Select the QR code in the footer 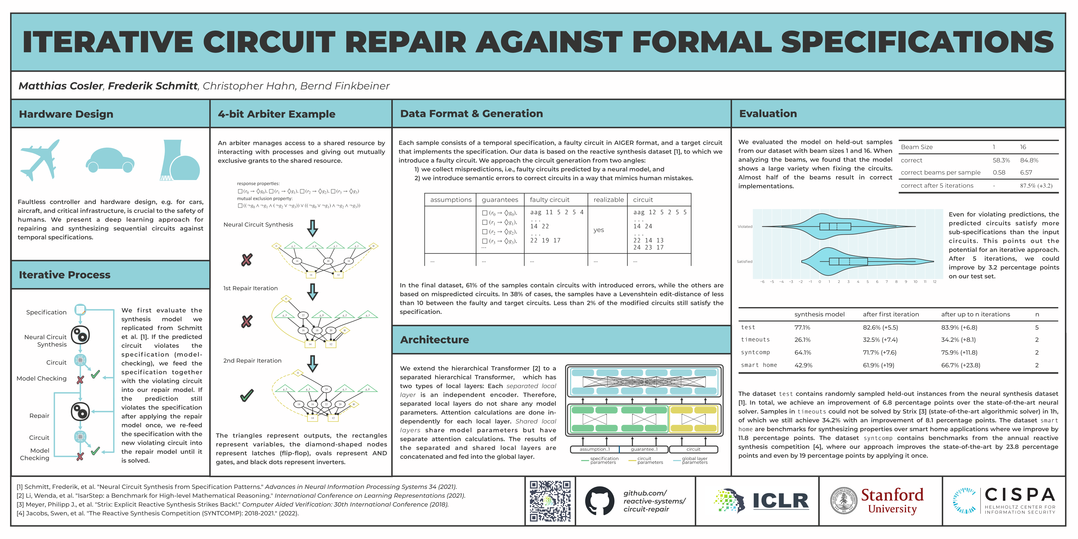[x=550, y=501]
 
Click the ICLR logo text [x=780, y=501]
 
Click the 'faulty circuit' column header [x=550, y=200]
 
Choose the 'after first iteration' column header [x=891, y=314]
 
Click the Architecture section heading [x=434, y=340]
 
